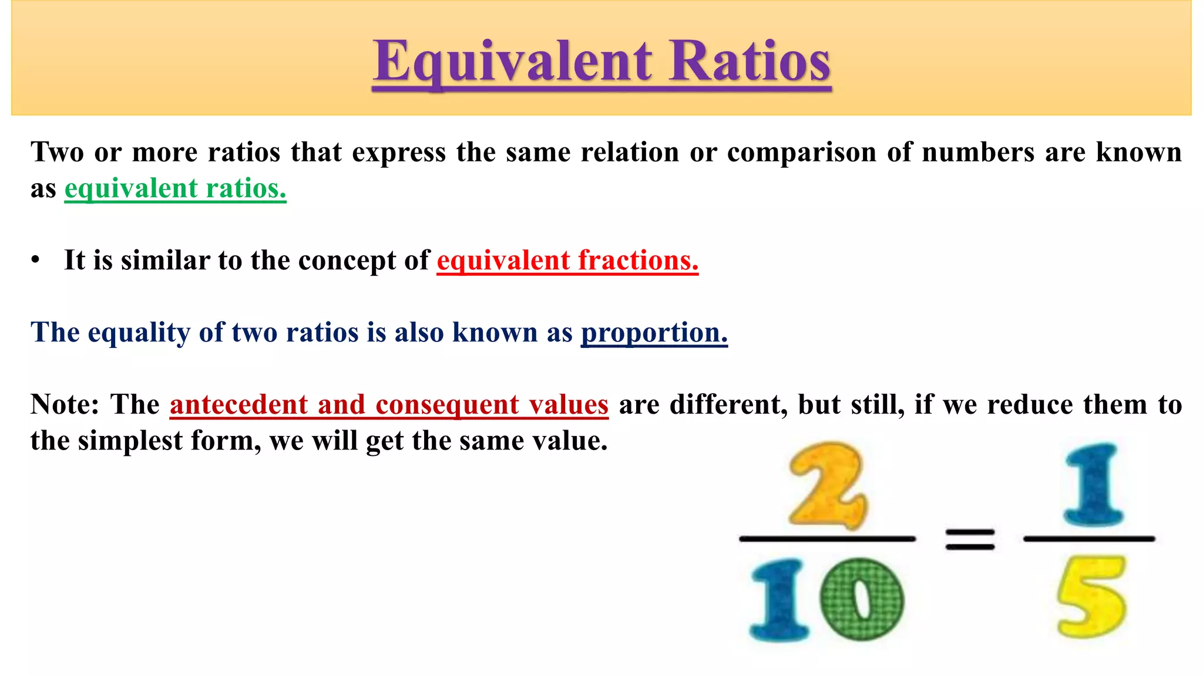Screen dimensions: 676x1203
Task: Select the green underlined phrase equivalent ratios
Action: pyautogui.click(x=175, y=189)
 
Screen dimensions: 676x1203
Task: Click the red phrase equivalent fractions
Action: pyautogui.click(x=567, y=261)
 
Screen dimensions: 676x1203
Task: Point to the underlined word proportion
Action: pyautogui.click(x=654, y=333)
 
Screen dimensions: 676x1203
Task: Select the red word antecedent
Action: pyautogui.click(x=239, y=405)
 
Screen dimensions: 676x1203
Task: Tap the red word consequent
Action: pyautogui.click(x=447, y=405)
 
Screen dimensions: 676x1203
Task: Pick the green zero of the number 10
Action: pyautogui.click(x=862, y=599)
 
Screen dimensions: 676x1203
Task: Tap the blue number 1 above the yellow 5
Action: pyautogui.click(x=1093, y=484)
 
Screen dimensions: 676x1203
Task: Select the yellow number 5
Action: pyautogui.click(x=1091, y=597)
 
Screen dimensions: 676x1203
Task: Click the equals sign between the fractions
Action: pyautogui.click(x=970, y=539)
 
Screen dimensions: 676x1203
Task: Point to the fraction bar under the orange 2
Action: pyautogui.click(x=827, y=539)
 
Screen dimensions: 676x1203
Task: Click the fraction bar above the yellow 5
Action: pyautogui.click(x=1089, y=539)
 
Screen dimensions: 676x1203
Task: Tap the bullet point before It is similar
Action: pyautogui.click(x=36, y=261)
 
